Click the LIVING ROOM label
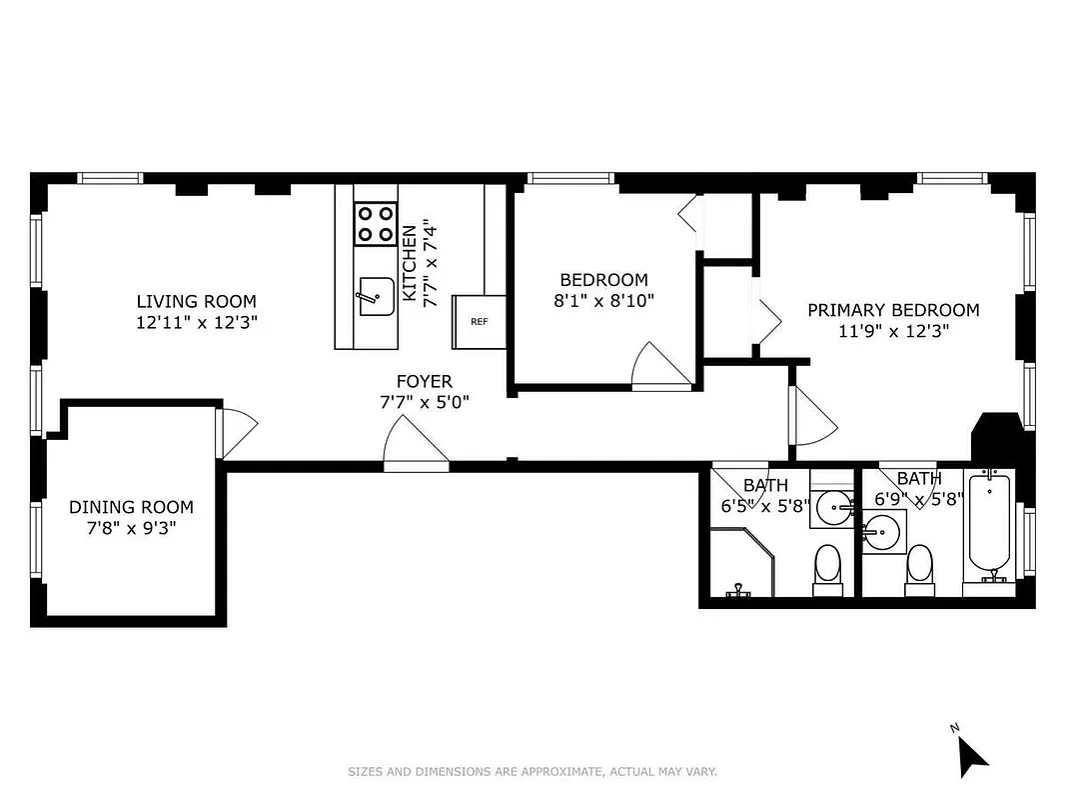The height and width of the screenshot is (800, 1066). pos(196,301)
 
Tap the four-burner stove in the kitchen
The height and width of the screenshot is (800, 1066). pos(376,223)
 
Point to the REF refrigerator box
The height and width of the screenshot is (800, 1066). pos(480,321)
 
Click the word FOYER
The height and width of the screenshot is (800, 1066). pos(424,381)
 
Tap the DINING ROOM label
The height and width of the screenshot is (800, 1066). pos(131,507)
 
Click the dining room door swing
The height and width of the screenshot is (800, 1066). pos(236,433)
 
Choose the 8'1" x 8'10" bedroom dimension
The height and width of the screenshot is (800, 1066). pos(603,300)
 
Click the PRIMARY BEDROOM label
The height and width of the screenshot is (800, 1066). pos(893,310)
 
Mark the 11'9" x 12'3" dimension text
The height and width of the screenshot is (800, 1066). pos(893,331)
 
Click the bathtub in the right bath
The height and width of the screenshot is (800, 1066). pos(989,530)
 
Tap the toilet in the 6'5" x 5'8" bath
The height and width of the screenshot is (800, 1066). pos(827,567)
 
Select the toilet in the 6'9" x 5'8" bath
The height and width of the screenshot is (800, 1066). pos(918,567)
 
